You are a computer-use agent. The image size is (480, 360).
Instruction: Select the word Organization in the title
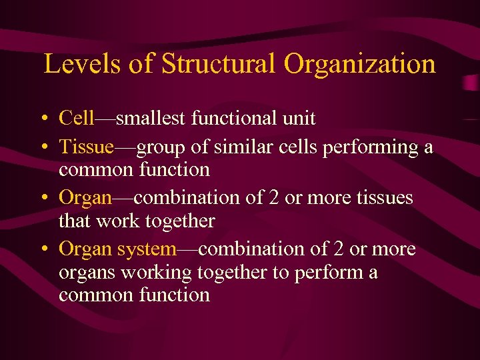(x=359, y=64)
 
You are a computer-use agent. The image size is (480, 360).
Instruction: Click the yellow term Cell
(x=77, y=119)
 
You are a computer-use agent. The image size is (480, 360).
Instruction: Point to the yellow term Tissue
(x=87, y=147)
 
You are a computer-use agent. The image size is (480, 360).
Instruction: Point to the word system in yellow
(x=146, y=249)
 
